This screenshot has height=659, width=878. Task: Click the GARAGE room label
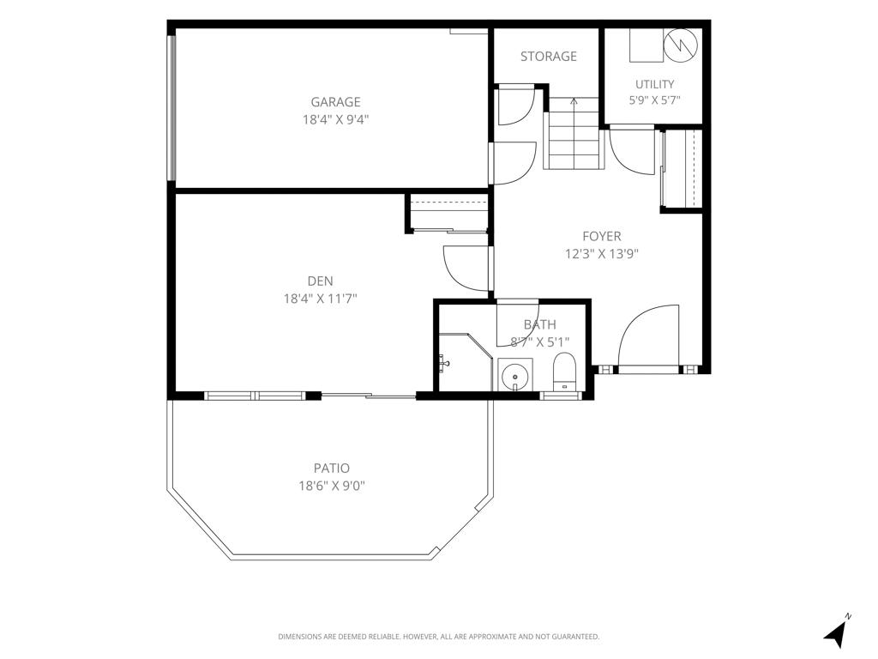[x=335, y=102]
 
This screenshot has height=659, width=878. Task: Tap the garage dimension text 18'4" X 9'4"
[x=335, y=119]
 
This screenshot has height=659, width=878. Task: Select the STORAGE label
[x=548, y=56]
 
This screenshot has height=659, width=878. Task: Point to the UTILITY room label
[x=654, y=84]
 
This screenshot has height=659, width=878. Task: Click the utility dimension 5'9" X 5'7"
[x=654, y=101]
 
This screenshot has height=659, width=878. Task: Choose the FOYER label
[x=601, y=237]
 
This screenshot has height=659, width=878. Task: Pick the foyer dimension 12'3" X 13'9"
[x=601, y=254]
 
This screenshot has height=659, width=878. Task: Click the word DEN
[x=321, y=281]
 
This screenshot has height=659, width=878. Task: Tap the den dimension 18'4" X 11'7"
[x=321, y=299]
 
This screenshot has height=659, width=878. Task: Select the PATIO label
[x=332, y=468]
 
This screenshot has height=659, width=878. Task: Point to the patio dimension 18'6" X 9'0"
[x=332, y=486]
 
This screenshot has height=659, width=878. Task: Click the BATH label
[x=540, y=324]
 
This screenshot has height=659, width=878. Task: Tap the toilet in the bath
[x=564, y=372]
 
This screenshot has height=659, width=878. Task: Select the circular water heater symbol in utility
[x=680, y=45]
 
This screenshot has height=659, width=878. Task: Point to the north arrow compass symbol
[x=837, y=632]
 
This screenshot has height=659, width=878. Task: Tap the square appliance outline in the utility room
[x=646, y=45]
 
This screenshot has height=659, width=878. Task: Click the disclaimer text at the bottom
[x=438, y=637]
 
